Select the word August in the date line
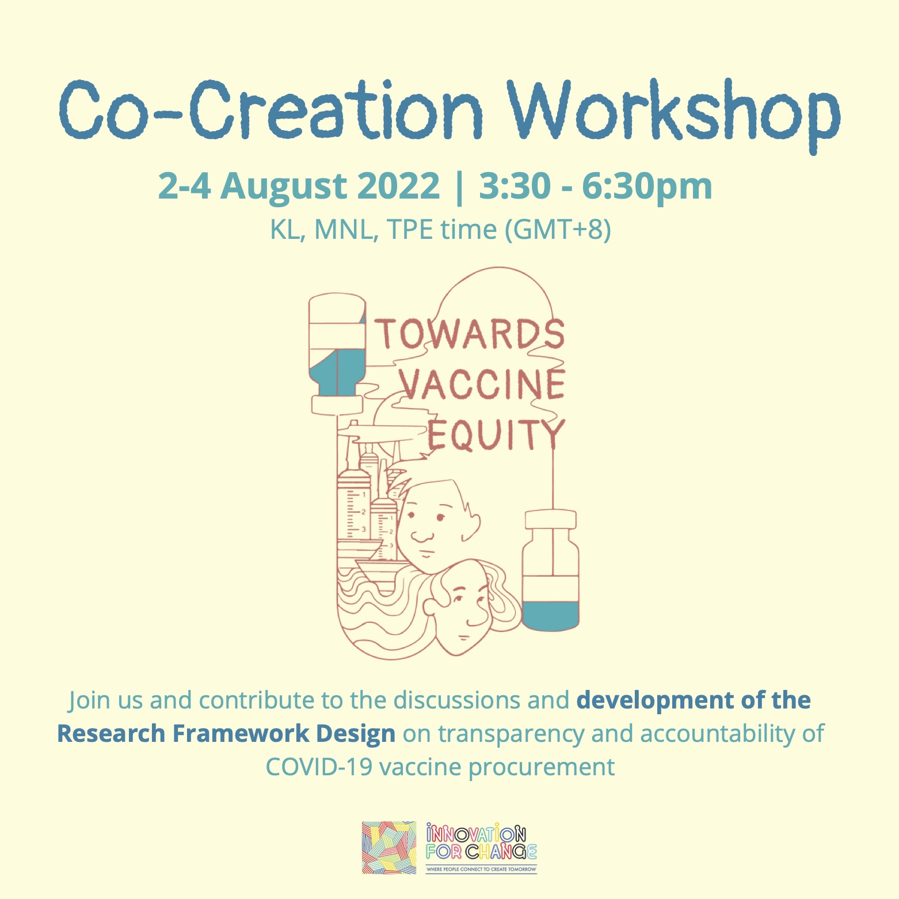283,186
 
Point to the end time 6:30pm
647,186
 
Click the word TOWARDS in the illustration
470,334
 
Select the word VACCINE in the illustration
482,383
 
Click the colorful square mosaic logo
389,847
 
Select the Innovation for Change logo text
481,847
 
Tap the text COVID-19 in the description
319,767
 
